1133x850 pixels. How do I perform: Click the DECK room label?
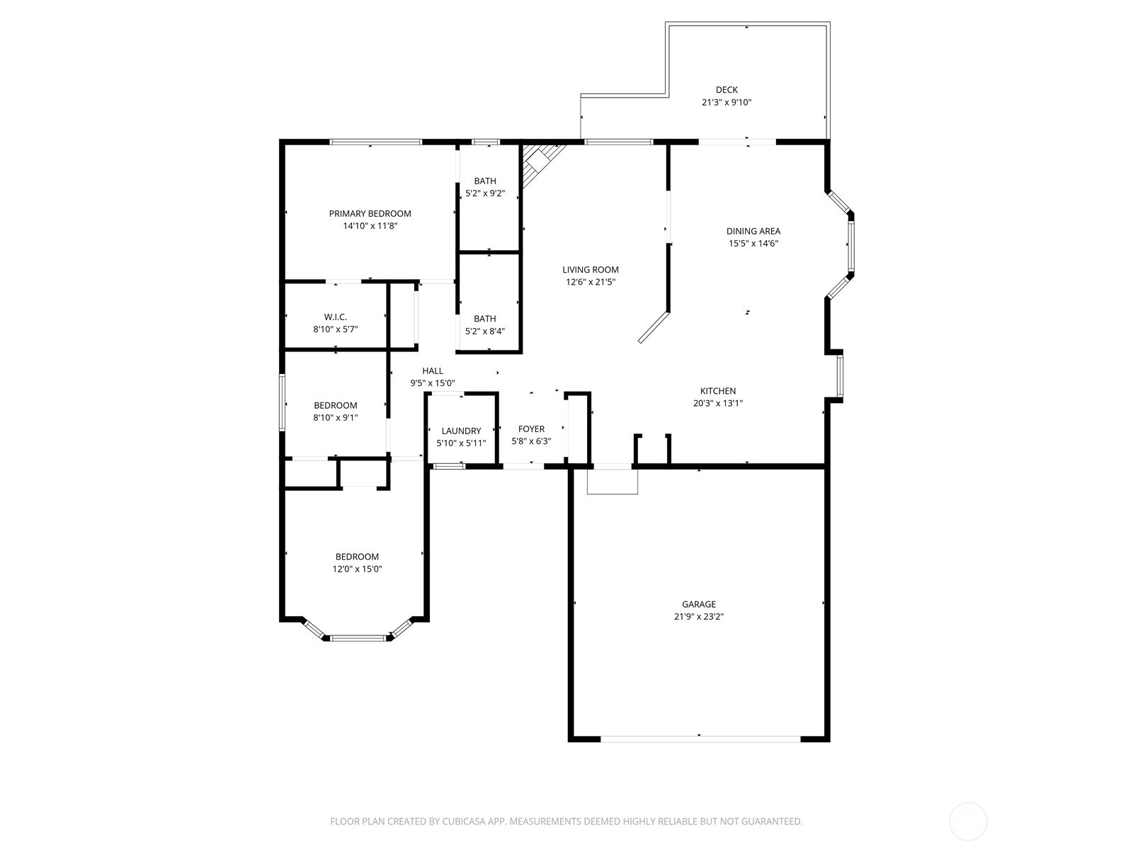[x=727, y=90]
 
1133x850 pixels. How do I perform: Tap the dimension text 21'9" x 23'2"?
[x=699, y=617]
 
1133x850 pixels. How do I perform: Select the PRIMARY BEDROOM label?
[x=370, y=214]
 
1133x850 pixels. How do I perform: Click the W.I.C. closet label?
[x=336, y=317]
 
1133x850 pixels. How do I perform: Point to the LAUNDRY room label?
[x=461, y=431]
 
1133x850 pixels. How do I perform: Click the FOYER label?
[x=531, y=429]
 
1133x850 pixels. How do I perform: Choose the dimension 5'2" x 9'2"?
[x=485, y=193]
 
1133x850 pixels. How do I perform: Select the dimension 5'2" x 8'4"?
[x=485, y=331]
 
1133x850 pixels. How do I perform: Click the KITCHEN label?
[x=718, y=391]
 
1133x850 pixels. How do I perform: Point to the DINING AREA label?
[x=753, y=232]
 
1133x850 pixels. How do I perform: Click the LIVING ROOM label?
[x=591, y=270]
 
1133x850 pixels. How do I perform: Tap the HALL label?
[x=433, y=371]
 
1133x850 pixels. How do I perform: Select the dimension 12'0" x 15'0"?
[x=358, y=569]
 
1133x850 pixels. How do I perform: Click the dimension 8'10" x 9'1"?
[x=336, y=418]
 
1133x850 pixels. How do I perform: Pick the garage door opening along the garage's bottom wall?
[x=700, y=739]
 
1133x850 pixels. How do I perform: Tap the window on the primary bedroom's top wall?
[x=376, y=142]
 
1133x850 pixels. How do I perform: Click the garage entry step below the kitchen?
[x=613, y=482]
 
